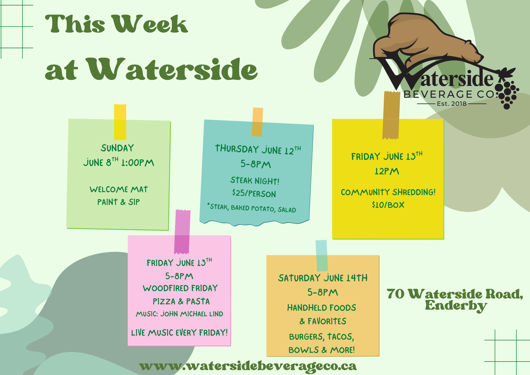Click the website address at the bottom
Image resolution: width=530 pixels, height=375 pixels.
[248, 367]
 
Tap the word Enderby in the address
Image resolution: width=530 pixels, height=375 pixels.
[456, 306]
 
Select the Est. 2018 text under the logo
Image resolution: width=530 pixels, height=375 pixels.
[452, 104]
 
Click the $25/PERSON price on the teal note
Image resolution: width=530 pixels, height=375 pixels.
[254, 193]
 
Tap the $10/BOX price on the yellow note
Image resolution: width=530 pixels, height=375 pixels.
[388, 205]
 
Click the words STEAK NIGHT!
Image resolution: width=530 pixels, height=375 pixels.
[255, 181]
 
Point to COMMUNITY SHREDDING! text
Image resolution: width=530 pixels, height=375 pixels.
[388, 192]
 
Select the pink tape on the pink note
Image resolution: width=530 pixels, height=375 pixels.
[182, 232]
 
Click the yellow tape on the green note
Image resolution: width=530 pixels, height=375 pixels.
[120, 122]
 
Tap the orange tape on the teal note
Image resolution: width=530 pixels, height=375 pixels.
[257, 122]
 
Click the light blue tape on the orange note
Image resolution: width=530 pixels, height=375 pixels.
[322, 256]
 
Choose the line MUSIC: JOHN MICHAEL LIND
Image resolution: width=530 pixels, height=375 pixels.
[179, 314]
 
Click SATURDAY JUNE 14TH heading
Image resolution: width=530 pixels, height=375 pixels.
[323, 278]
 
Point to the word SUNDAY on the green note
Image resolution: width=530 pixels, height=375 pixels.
[117, 148]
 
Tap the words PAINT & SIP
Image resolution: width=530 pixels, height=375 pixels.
[118, 202]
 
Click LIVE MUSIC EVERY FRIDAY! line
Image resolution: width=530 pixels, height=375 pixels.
[179, 333]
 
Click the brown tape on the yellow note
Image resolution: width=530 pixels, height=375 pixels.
[391, 115]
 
